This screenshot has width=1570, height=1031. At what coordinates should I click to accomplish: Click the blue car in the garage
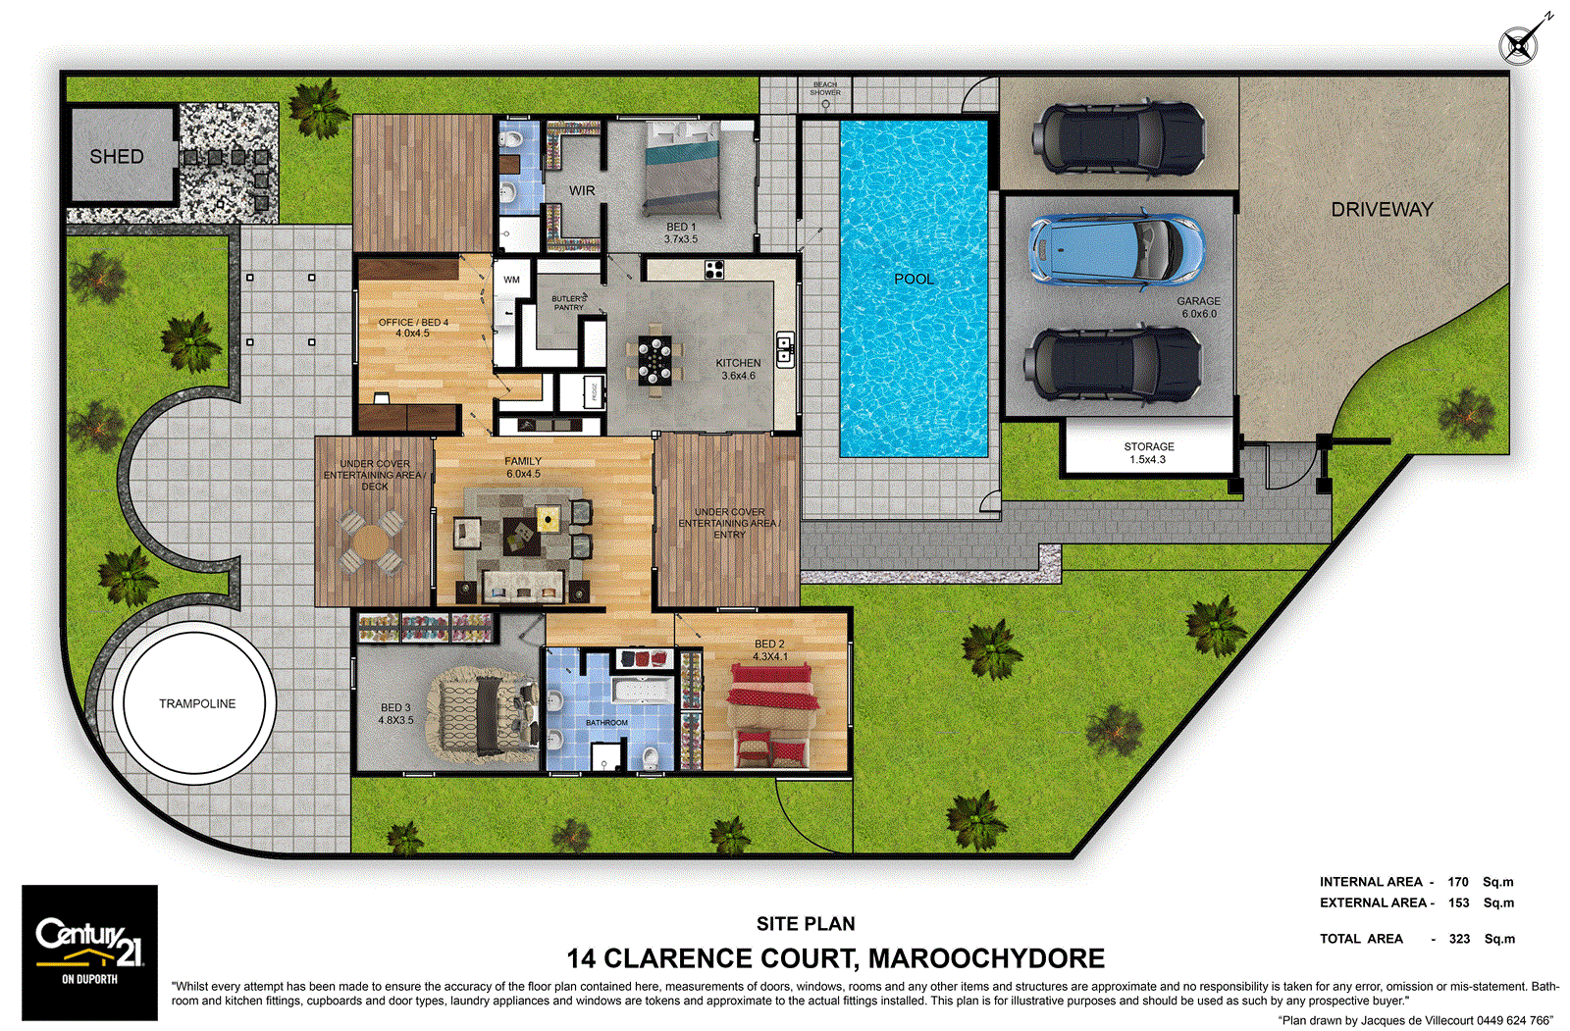tap(1116, 249)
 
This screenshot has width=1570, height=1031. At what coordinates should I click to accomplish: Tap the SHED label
tap(117, 157)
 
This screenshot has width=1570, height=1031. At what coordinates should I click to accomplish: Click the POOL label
tap(914, 280)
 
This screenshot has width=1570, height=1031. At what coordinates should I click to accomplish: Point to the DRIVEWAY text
tap(1382, 210)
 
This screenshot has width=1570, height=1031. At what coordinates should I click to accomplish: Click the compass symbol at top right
tap(1518, 45)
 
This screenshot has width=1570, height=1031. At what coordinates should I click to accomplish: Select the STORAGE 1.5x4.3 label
tap(1148, 453)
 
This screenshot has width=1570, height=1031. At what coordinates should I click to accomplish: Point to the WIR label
tap(582, 191)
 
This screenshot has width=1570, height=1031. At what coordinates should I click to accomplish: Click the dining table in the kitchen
tap(654, 361)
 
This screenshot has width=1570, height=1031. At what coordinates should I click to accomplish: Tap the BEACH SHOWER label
tap(825, 89)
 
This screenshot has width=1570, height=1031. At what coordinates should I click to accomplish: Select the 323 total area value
tap(1459, 939)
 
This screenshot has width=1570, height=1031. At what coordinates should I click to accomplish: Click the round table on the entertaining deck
tap(371, 541)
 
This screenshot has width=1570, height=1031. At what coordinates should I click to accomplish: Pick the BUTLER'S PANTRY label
tap(568, 303)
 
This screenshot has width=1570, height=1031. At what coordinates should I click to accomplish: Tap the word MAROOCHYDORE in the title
tap(986, 958)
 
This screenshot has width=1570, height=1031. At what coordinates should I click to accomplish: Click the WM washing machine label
tap(511, 281)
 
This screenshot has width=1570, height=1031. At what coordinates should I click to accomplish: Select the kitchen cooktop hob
tap(714, 269)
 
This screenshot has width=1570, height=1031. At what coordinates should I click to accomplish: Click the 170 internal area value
tap(1457, 882)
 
